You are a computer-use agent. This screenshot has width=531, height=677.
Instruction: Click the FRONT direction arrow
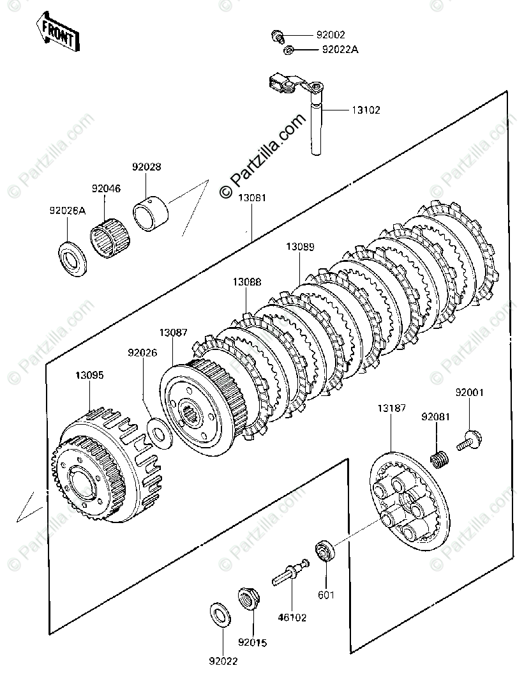(x=58, y=31)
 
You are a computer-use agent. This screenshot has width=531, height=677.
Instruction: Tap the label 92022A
(x=340, y=49)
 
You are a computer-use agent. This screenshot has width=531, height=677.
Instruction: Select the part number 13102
(x=366, y=110)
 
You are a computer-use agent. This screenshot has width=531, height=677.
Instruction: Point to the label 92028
(x=147, y=167)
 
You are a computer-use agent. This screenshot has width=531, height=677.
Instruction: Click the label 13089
(x=299, y=247)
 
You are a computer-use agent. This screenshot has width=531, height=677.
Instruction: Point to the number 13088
(x=246, y=282)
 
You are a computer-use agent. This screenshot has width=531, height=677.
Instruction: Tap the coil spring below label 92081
(x=440, y=459)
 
